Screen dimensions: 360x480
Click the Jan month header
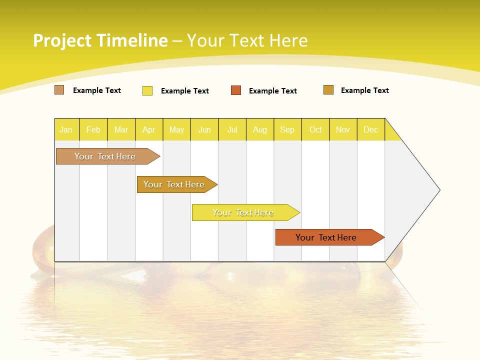click(66, 129)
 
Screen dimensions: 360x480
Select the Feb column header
click(93, 129)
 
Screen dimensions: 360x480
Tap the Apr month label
click(148, 129)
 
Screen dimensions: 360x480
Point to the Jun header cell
click(204, 129)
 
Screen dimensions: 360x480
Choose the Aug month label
click(260, 129)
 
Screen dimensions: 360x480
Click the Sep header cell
click(287, 129)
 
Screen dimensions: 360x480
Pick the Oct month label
click(315, 129)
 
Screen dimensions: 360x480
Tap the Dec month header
click(370, 129)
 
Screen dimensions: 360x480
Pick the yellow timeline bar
click(243, 212)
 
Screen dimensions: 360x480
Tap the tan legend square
click(59, 90)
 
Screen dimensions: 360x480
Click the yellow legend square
click(147, 90)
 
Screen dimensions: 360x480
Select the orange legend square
click(236, 90)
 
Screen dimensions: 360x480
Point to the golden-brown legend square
click(328, 90)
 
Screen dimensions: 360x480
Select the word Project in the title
click(62, 40)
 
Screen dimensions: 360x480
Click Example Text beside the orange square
click(272, 91)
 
